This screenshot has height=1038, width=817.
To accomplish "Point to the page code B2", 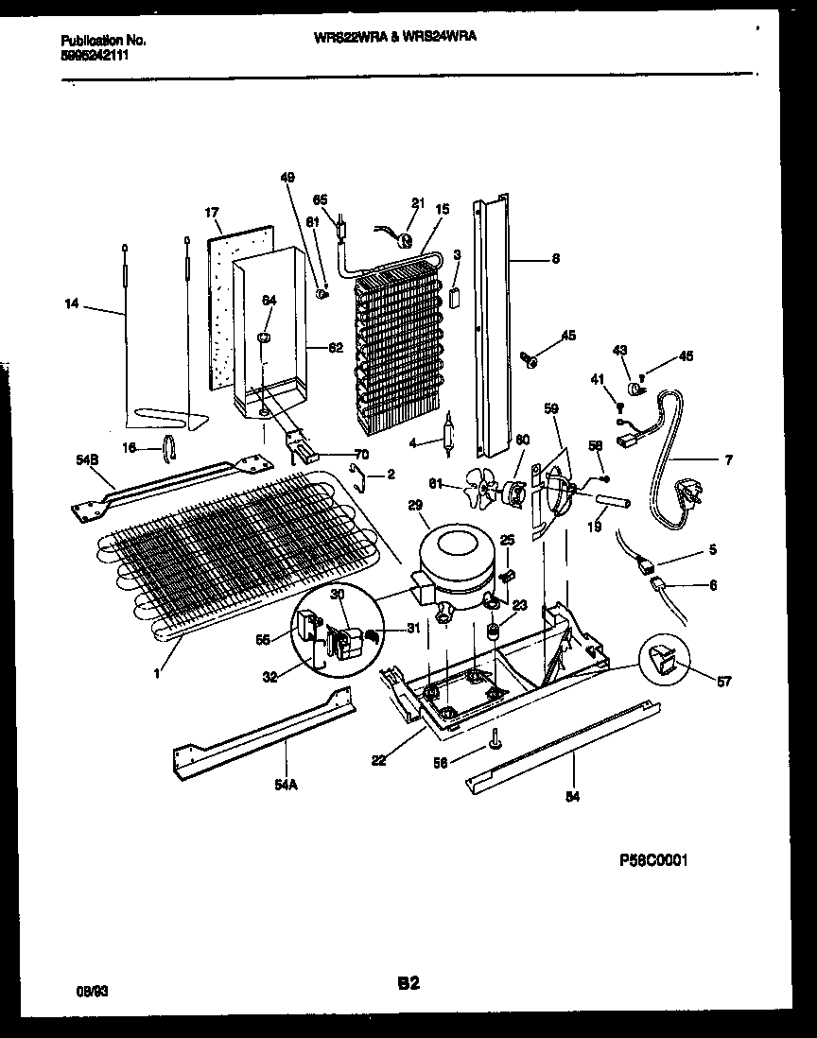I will coord(408,983).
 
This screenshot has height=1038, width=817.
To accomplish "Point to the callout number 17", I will coord(211,212).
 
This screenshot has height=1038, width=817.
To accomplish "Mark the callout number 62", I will coord(334,347).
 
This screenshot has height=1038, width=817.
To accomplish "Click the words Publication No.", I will coord(102,41).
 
